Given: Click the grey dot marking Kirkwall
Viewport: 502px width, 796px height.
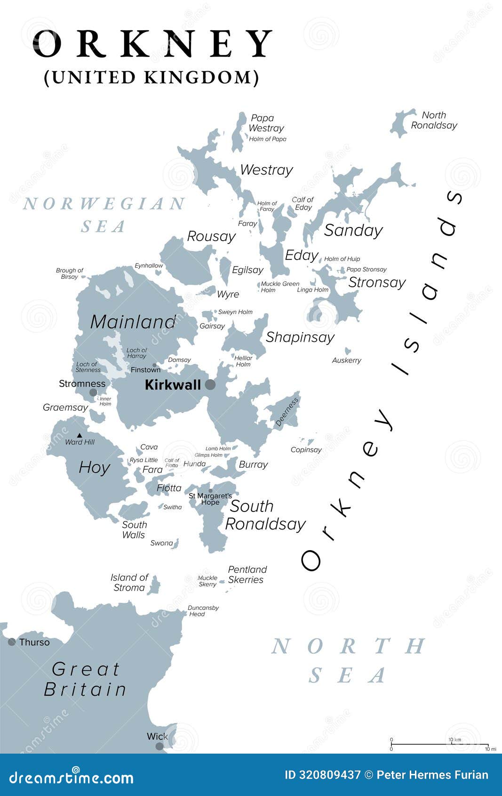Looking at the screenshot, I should [210, 385].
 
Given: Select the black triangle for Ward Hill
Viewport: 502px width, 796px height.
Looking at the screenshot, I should [80, 435].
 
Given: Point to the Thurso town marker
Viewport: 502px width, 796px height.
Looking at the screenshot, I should [12, 642].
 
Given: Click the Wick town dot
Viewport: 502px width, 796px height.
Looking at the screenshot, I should [159, 746].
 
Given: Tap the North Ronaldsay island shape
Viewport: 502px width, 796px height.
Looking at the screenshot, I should [401, 123].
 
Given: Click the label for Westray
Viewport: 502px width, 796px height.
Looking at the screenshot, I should [266, 170].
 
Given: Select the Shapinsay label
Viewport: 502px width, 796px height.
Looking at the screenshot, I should [300, 337].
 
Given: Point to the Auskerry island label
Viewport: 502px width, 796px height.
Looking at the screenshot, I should [347, 360].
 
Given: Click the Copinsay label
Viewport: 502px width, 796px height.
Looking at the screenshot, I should [306, 450].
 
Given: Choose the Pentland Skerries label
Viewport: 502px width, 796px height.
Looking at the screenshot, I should [247, 575].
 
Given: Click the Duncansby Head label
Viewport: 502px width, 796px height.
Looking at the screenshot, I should [203, 611].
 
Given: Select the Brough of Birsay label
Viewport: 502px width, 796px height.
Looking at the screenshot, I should [69, 274].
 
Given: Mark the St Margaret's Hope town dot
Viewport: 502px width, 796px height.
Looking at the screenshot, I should [210, 491].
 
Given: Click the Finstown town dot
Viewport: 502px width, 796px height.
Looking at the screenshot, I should [154, 365].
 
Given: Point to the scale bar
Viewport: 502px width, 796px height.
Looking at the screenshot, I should [439, 745].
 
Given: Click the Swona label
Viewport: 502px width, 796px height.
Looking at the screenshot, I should [162, 543].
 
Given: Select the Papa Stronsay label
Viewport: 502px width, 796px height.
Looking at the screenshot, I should [367, 269].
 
